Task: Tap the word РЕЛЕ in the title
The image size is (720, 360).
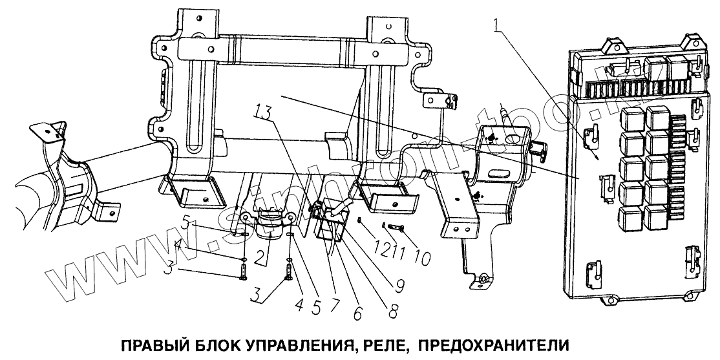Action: pyautogui.click(x=383, y=341)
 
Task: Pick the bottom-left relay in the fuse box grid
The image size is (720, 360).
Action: pyautogui.click(x=631, y=216)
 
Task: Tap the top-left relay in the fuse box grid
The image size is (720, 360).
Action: pyautogui.click(x=631, y=120)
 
